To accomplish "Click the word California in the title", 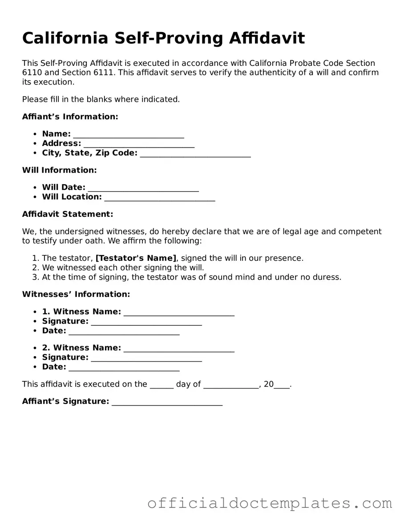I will pos(65,38).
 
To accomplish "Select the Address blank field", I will pos(139,144).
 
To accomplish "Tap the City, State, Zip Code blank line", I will pos(195,154).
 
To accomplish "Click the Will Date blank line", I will pos(143,188).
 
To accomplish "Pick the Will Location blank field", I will pos(160,197).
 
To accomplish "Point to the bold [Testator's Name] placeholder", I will pos(136,258).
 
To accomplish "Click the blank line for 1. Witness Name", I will pos(179,312).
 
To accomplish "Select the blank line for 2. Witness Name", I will pos(179,348).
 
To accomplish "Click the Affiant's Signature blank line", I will pos(167,402).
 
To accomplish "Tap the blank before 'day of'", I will pos(162,385).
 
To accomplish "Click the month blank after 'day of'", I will pos(231,385).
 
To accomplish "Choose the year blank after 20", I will pos(282,385).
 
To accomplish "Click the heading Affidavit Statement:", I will pos(68,214).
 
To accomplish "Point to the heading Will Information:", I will pos(59,170).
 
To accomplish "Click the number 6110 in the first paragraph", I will pos(31,73).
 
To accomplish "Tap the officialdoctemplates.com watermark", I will pos(270,503).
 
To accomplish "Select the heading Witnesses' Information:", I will pos(76,294).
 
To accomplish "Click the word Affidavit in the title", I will pos(267,38).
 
